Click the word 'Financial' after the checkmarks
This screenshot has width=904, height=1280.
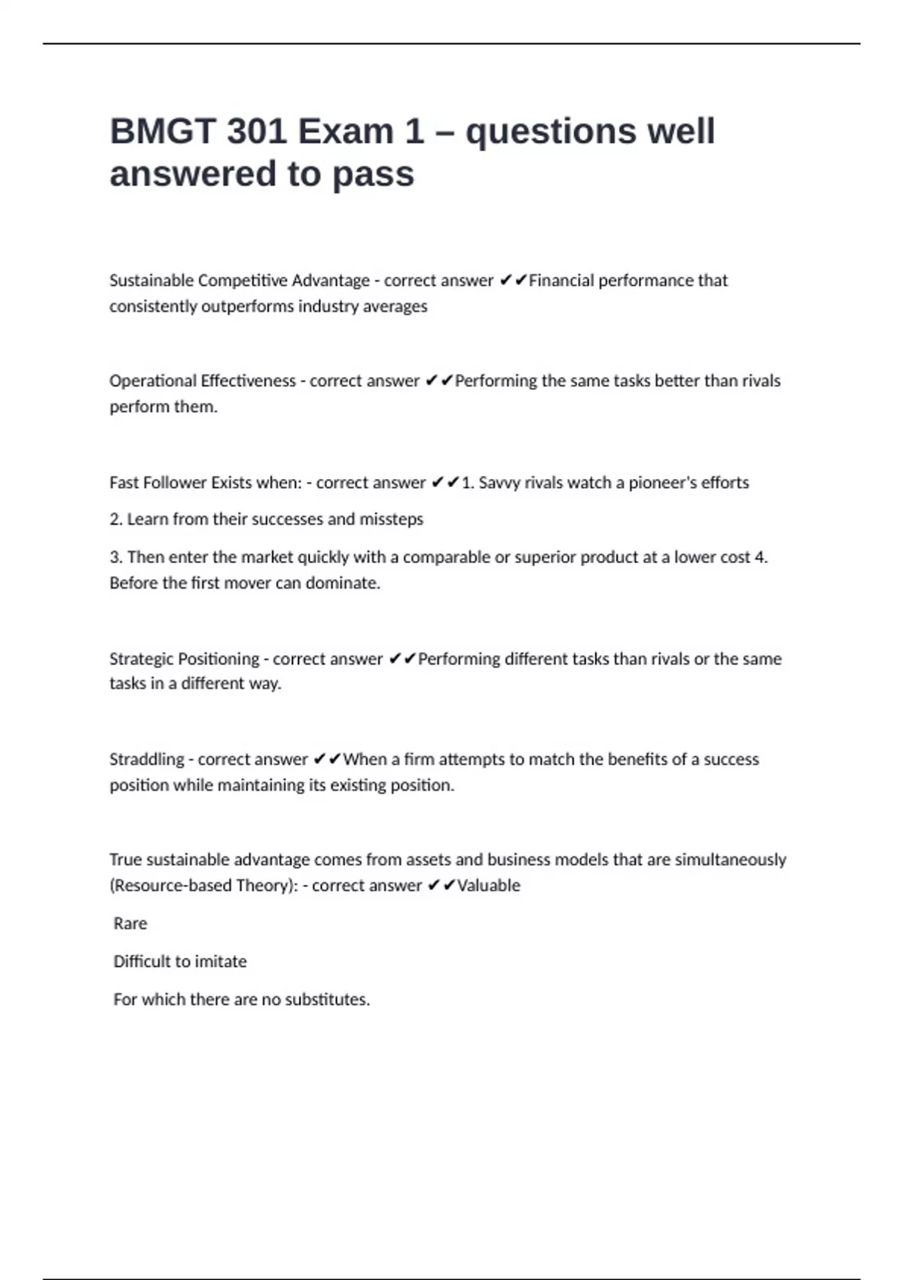(x=560, y=281)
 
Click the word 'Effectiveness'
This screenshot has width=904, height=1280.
(x=248, y=381)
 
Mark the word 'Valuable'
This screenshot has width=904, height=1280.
(x=488, y=885)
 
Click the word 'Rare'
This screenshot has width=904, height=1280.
(x=130, y=924)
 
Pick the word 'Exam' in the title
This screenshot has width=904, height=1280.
(x=345, y=132)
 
